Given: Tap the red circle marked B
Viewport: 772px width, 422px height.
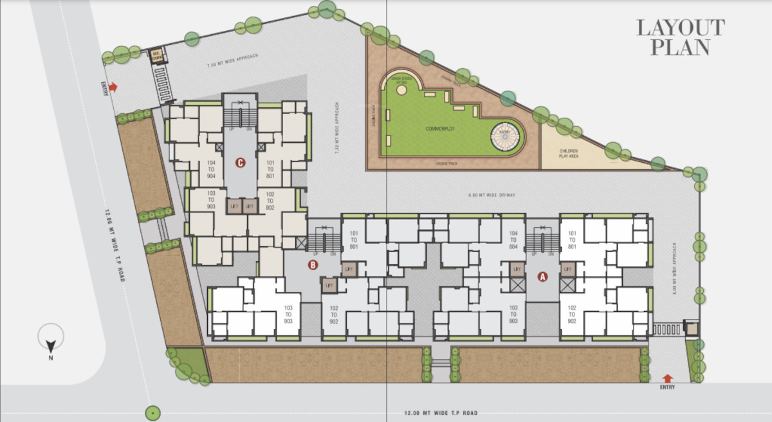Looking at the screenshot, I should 313,264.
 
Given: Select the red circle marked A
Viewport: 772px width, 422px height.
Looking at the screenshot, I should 542,277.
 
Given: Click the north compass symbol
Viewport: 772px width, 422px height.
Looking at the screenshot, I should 50,336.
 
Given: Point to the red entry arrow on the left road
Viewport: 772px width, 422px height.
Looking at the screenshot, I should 113,87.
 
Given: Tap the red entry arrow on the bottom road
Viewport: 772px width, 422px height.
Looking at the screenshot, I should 667,379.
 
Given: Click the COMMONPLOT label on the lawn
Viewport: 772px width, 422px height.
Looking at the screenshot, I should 441,129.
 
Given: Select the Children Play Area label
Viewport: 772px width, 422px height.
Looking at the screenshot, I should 568,153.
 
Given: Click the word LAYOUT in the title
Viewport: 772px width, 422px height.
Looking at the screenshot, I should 680,28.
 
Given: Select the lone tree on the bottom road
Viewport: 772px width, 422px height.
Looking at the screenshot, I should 153,412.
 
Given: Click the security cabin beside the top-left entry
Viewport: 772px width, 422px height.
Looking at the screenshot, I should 156,56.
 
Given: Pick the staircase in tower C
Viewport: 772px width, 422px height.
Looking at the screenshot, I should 239,116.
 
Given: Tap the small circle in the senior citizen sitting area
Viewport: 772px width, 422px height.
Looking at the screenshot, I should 401,91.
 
